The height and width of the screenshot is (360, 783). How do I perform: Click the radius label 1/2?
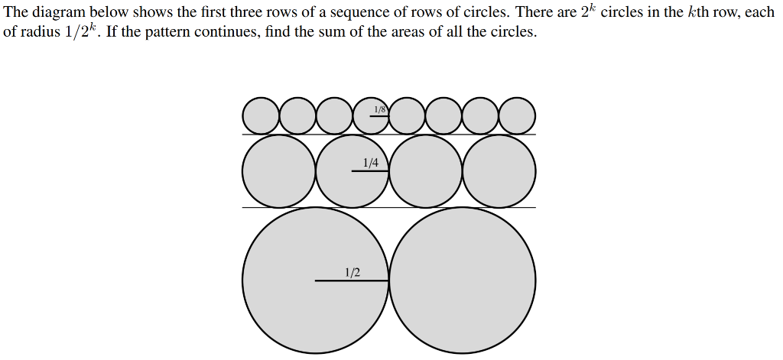(x=353, y=272)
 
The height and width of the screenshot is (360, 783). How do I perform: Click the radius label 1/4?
(x=371, y=162)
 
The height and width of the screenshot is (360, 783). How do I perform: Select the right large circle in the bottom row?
(x=463, y=281)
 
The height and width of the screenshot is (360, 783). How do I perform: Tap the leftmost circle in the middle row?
(x=279, y=170)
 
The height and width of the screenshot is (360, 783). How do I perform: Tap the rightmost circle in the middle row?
(x=499, y=170)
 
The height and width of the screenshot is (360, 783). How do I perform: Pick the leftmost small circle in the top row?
(x=261, y=115)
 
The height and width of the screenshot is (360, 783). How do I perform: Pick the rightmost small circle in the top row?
(x=518, y=115)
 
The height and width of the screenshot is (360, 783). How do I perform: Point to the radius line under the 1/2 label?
(x=352, y=281)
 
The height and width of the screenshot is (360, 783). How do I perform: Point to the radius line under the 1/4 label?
(x=370, y=170)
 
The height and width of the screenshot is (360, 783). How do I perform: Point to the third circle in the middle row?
(x=426, y=170)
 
